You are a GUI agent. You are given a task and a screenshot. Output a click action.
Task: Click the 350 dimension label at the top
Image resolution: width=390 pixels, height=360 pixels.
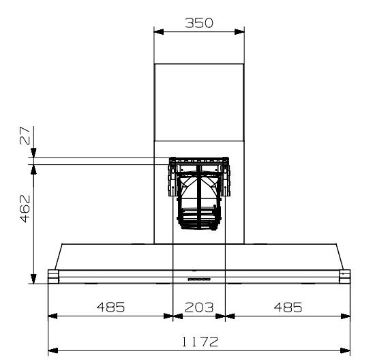click(x=199, y=22)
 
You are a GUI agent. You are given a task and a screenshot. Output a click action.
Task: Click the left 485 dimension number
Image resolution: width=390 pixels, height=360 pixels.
click(x=110, y=307)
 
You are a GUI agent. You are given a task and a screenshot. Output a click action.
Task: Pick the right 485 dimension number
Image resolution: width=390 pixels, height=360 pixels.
click(x=287, y=307)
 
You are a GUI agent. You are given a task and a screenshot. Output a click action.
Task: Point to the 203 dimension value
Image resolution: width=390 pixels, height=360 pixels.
click(x=199, y=307)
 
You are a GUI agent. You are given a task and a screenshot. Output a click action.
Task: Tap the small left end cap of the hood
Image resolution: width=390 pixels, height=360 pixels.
click(x=52, y=275)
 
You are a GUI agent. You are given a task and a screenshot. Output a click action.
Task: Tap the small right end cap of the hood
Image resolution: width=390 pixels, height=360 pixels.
click(x=345, y=275)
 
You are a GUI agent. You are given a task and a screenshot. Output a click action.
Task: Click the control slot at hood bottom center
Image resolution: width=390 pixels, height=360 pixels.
click(x=199, y=279)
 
